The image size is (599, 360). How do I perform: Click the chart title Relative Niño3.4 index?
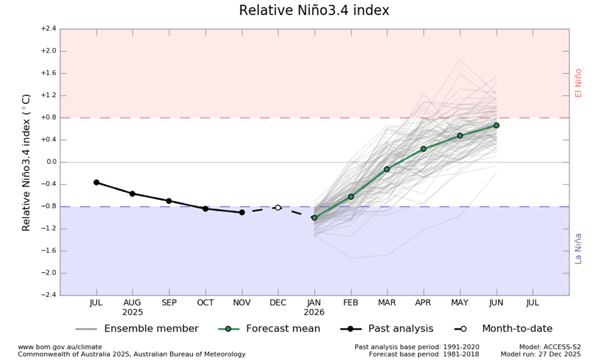[x=314, y=11]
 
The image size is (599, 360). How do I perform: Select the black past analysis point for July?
[x=96, y=182]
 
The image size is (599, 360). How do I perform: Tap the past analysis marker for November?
[x=242, y=212]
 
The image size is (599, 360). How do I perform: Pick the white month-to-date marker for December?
[x=278, y=207]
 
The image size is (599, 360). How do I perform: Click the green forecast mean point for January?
[x=314, y=218]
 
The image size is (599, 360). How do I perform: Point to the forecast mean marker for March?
[x=387, y=169]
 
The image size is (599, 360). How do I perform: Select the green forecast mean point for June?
[x=496, y=125]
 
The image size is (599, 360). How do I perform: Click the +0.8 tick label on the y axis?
[x=48, y=118]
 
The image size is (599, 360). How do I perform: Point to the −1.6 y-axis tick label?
[x=48, y=251]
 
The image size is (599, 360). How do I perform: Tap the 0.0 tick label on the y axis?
[x=49, y=162]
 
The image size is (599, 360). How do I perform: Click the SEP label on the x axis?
[x=169, y=302]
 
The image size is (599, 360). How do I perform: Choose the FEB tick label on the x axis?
[x=351, y=302]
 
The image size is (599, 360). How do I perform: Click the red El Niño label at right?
[x=578, y=83]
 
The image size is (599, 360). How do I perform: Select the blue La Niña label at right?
[x=578, y=248]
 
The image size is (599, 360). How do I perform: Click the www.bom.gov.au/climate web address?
[x=60, y=347]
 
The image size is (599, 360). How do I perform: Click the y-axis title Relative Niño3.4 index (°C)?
[x=27, y=162]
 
